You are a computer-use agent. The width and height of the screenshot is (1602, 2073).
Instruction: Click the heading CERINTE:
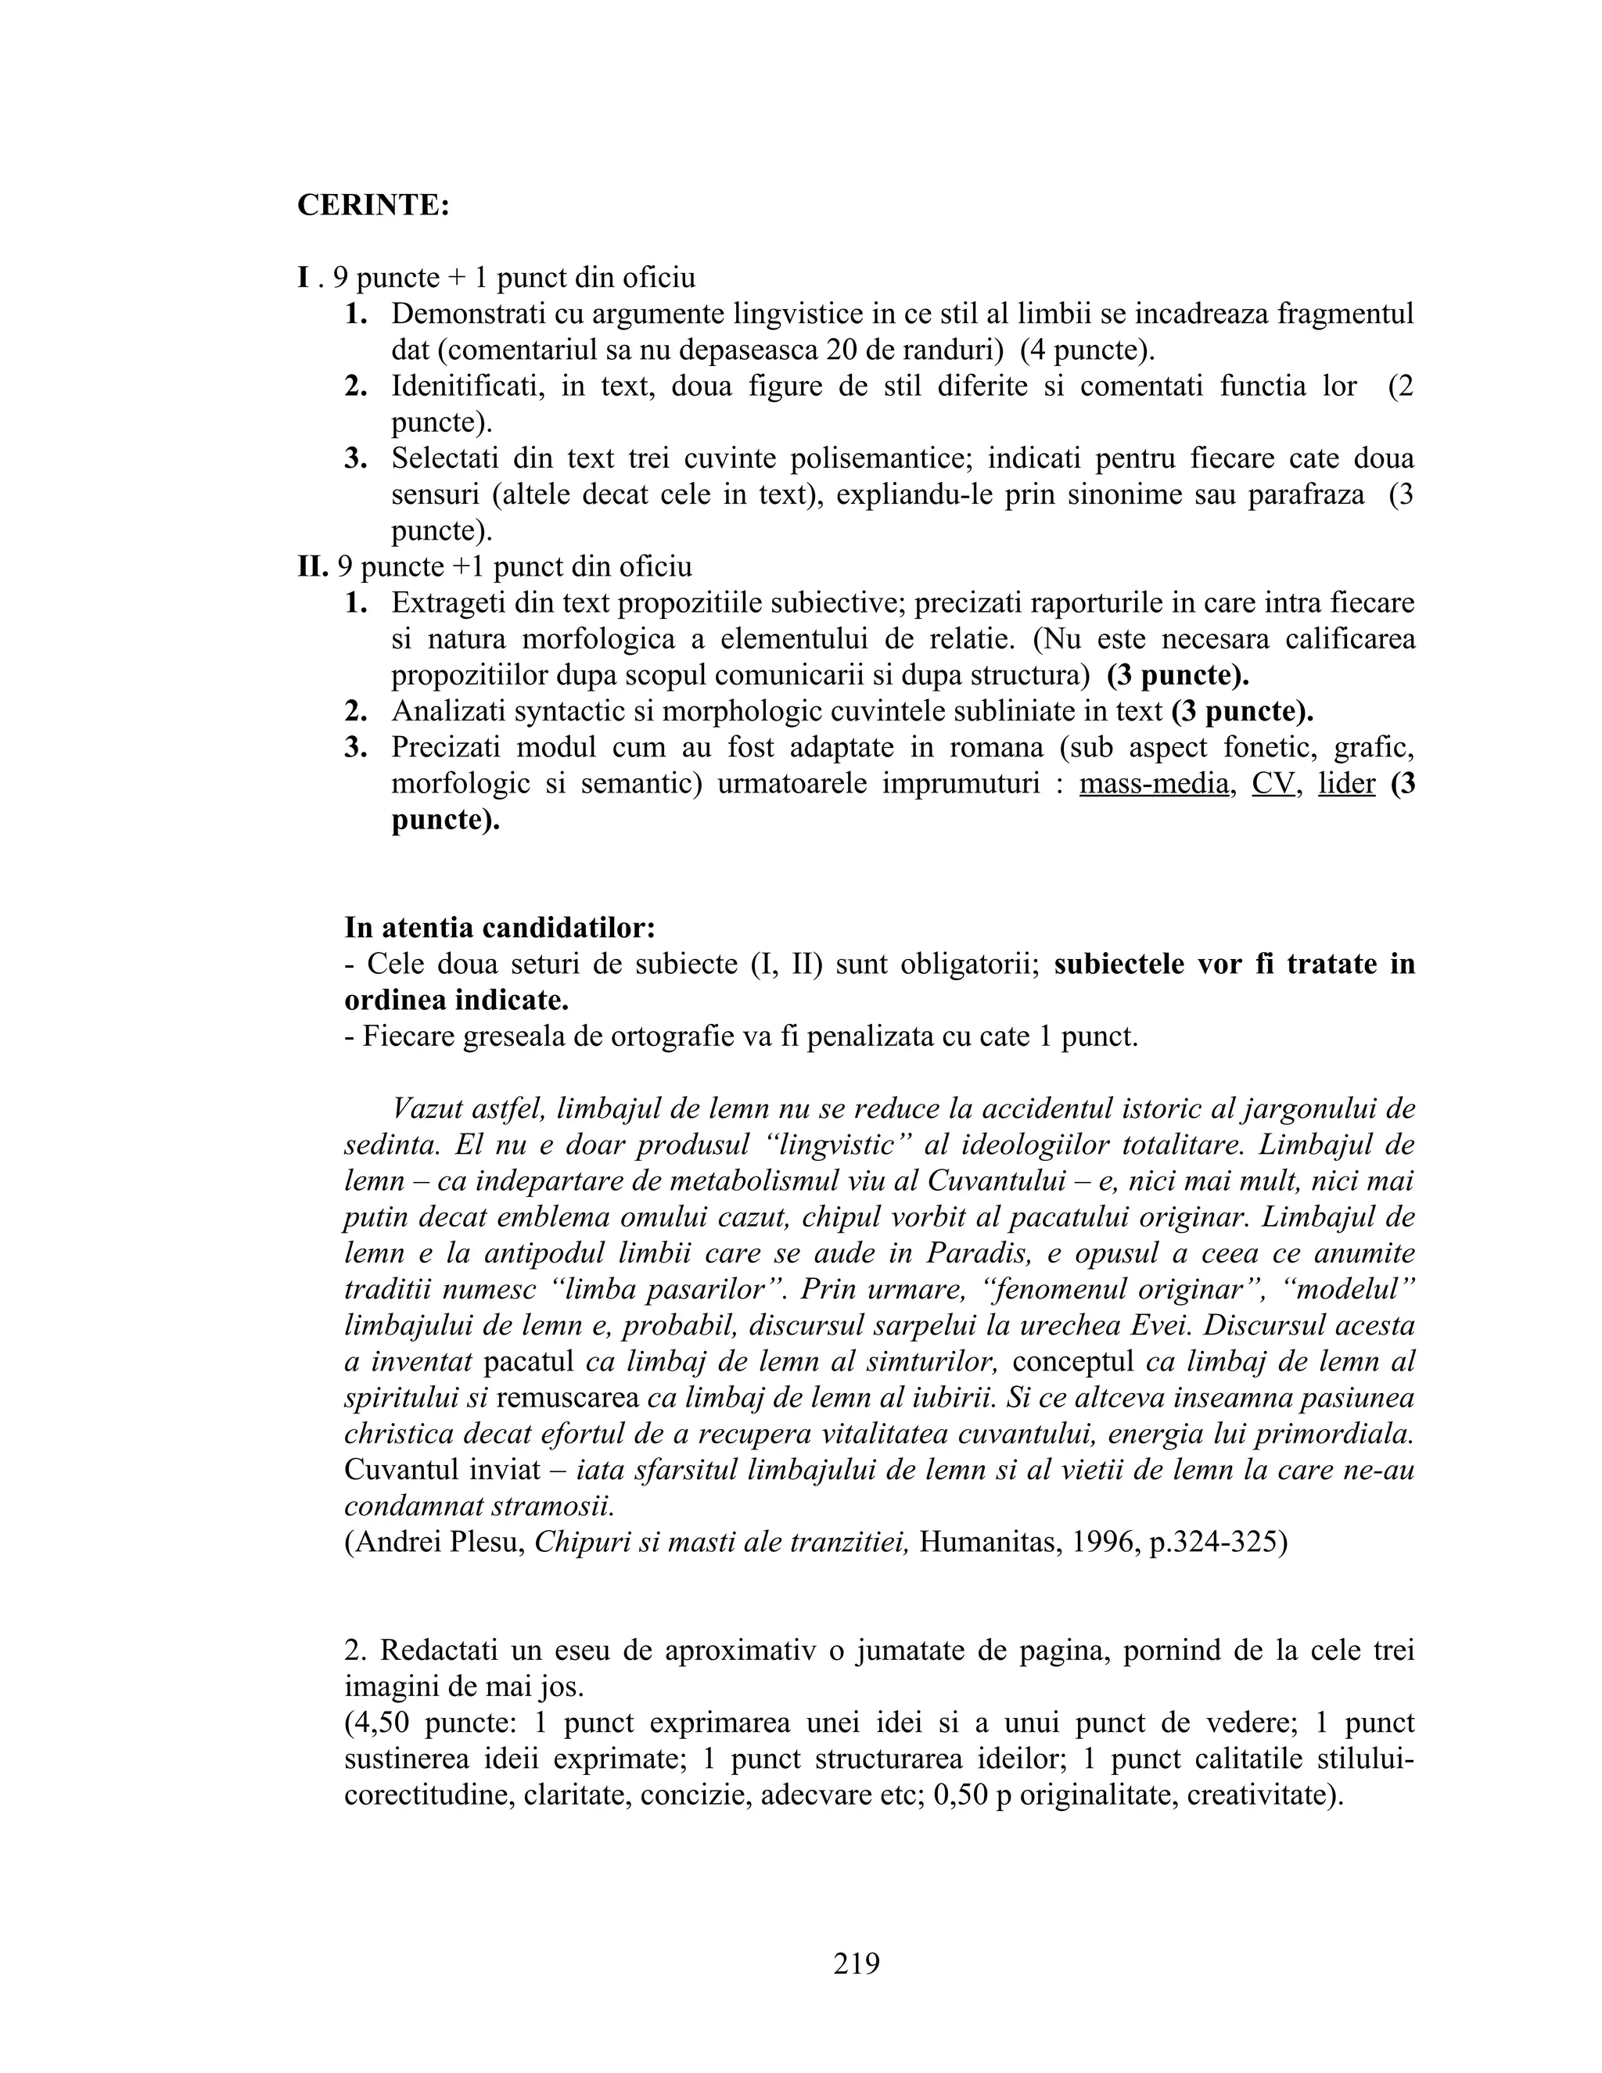pyautogui.click(x=373, y=205)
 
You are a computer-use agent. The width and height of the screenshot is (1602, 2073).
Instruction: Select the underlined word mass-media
pyautogui.click(x=1153, y=784)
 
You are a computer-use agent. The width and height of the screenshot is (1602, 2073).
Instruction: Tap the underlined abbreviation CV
pyautogui.click(x=1273, y=784)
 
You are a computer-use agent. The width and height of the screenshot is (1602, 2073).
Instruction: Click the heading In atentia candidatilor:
pyautogui.click(x=499, y=927)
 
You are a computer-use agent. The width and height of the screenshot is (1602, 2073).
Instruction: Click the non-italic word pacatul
pyautogui.click(x=529, y=1361)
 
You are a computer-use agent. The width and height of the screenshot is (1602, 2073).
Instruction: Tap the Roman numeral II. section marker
pyautogui.click(x=312, y=566)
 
